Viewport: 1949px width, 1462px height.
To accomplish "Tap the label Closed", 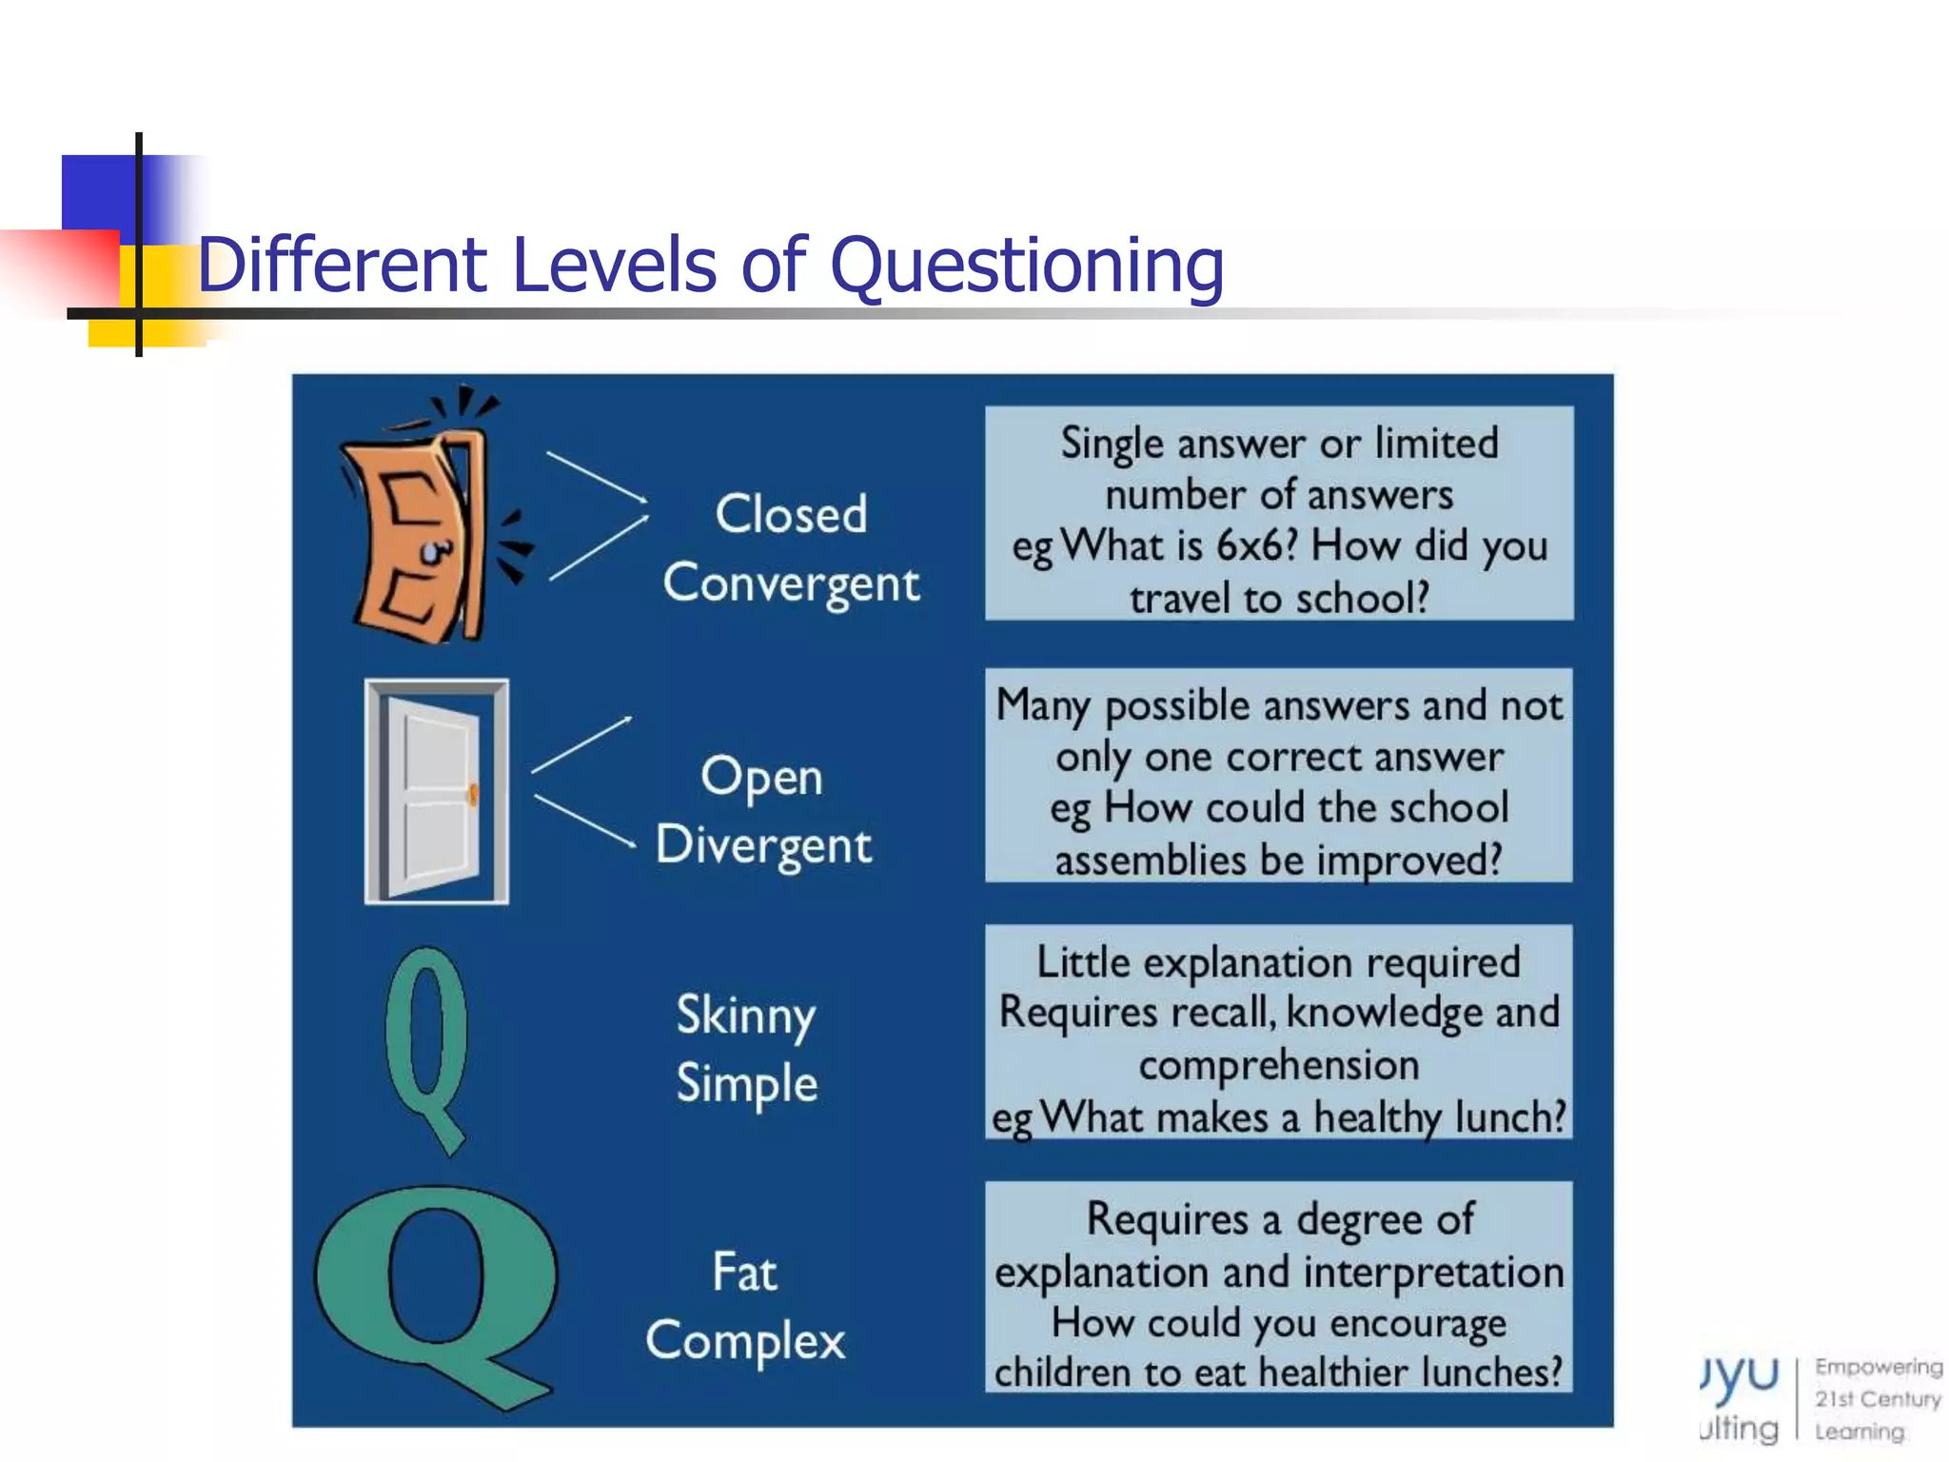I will [791, 514].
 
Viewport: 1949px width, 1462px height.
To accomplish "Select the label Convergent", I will [791, 584].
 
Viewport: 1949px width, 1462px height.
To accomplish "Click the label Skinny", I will [745, 1016].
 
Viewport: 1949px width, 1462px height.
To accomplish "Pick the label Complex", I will [745, 1341].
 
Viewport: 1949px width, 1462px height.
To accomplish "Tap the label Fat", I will [744, 1273].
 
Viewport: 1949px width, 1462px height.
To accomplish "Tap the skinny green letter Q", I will [426, 1047].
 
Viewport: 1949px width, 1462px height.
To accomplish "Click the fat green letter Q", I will [436, 1294].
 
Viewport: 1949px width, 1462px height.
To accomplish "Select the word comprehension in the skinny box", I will [1278, 1065].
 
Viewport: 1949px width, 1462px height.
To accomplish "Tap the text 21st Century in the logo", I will [1877, 1399].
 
